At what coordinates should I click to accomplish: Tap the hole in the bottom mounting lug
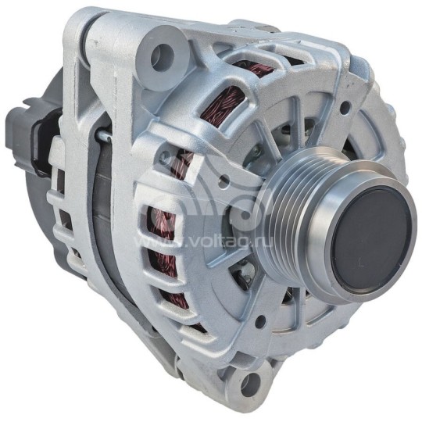(249, 384)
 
